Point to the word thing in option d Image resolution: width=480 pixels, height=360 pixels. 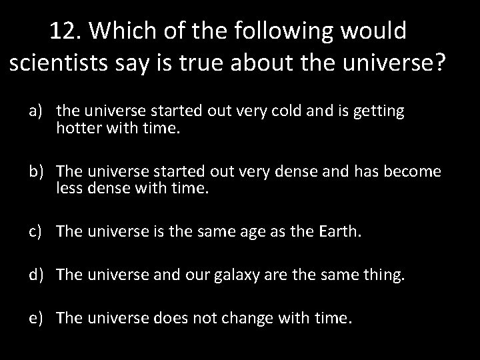[x=383, y=275]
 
